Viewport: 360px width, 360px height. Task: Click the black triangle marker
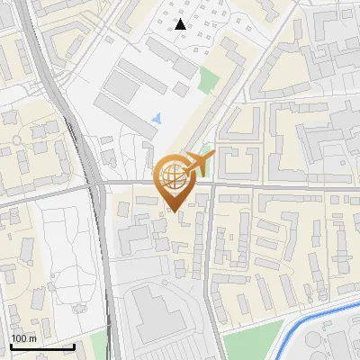(181, 24)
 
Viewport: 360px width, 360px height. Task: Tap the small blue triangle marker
(158, 118)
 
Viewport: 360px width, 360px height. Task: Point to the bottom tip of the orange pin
(175, 211)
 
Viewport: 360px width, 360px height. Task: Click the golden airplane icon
(197, 165)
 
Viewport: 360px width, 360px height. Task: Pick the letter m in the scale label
(33, 338)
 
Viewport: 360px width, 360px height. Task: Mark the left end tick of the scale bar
(12, 346)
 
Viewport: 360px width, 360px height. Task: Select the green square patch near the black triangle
(209, 79)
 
